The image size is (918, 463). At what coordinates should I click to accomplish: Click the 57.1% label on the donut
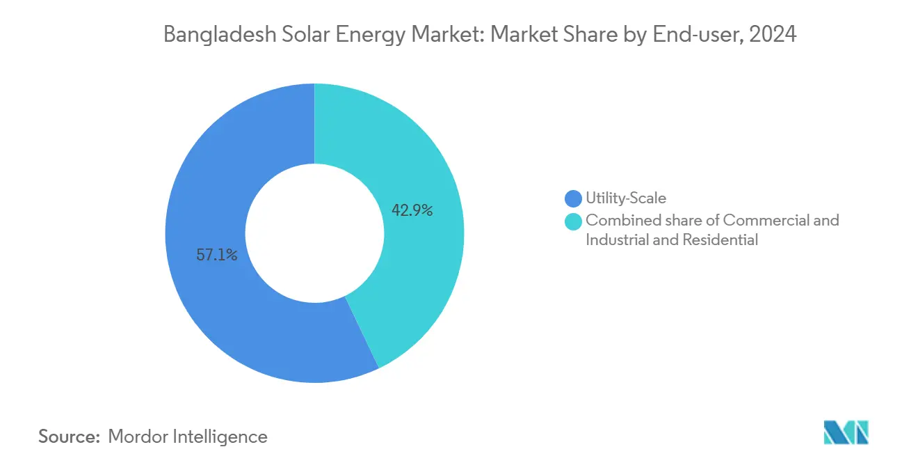[216, 255]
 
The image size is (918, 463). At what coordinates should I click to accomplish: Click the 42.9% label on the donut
[412, 210]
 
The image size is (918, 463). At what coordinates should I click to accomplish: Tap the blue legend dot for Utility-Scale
[574, 199]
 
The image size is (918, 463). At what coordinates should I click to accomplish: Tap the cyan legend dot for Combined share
[574, 221]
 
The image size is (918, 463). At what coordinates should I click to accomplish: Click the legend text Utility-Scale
[626, 199]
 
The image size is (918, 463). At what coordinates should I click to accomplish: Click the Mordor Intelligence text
[188, 437]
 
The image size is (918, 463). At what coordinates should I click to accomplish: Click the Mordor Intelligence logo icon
[846, 433]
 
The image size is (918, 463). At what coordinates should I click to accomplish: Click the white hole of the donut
[314, 233]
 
